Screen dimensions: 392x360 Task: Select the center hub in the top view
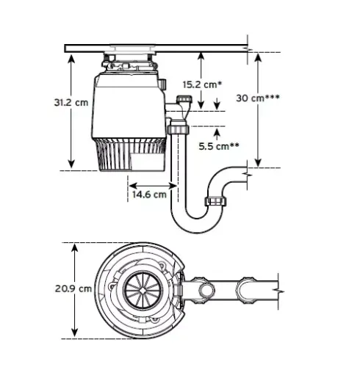point(139,288)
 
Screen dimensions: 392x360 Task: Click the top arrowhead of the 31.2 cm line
point(71,57)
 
